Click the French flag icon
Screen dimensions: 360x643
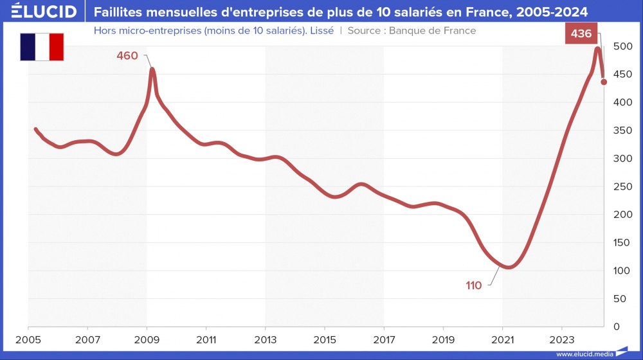[42, 47]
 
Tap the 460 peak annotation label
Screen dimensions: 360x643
[127, 56]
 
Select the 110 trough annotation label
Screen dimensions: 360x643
[474, 285]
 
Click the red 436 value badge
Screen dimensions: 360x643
[581, 33]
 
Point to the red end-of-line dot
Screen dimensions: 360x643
[604, 82]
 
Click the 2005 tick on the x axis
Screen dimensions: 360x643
[28, 339]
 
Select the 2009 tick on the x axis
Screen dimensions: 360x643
[147, 339]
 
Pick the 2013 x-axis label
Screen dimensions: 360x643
[266, 339]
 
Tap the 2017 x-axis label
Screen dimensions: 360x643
[384, 339]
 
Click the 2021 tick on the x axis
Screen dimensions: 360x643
[502, 339]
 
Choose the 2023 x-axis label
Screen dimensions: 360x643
[561, 339]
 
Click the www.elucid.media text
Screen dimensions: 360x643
[584, 354]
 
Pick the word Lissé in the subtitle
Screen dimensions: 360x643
[321, 30]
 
